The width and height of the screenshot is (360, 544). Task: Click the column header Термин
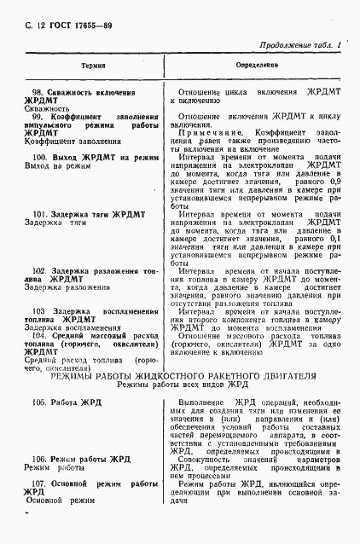(x=93, y=65)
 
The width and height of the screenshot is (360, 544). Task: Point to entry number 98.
(x=38, y=92)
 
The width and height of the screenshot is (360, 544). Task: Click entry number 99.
(x=38, y=117)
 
